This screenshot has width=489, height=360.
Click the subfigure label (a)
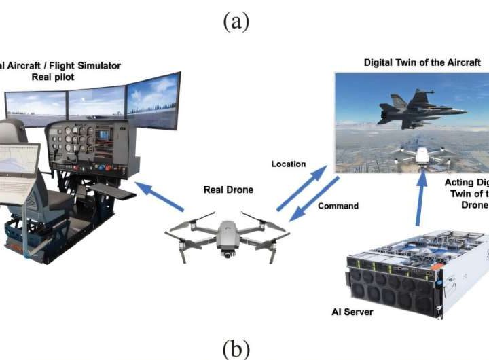pos(236,21)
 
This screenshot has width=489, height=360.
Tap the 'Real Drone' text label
pos(228,190)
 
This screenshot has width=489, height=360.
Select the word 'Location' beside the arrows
pos(289,164)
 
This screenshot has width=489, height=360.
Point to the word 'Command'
pos(338,205)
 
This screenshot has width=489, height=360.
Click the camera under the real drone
pos(225,254)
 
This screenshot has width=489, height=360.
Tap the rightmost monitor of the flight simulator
pos(153,101)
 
